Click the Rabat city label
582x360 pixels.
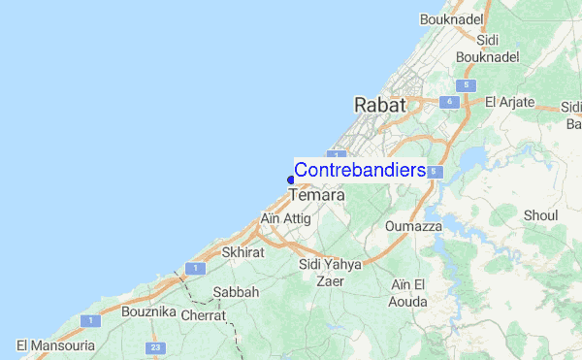[x=381, y=104]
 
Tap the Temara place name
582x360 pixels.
[x=317, y=195]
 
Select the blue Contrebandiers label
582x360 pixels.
[x=359, y=170]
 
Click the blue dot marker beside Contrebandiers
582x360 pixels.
[x=290, y=179]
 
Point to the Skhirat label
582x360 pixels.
[x=242, y=251]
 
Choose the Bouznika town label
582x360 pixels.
[x=146, y=312]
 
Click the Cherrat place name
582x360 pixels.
[x=204, y=315]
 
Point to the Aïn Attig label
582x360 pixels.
[x=286, y=219]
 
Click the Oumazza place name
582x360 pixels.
[x=413, y=226]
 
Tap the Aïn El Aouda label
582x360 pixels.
[x=408, y=293]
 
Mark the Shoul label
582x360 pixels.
[x=540, y=214]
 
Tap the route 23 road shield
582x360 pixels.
[x=154, y=347]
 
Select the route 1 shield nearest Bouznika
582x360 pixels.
[x=90, y=320]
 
